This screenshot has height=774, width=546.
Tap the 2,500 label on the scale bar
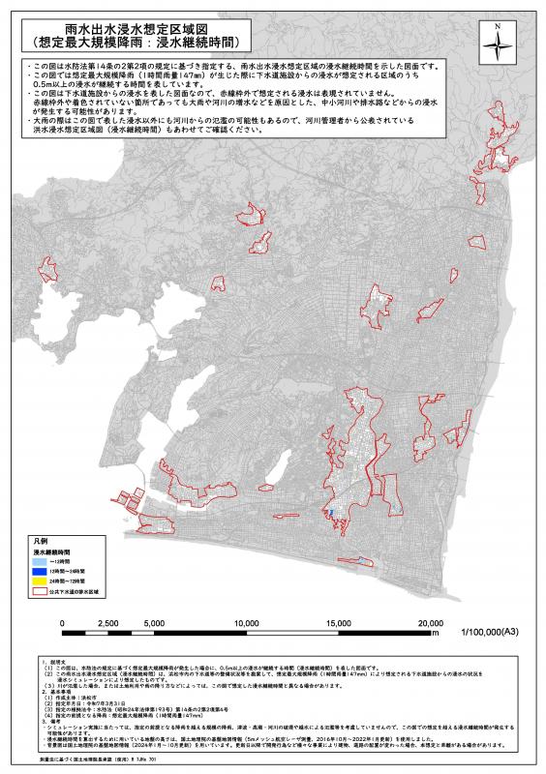tap(108, 623)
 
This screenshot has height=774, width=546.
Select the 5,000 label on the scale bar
tap(154, 623)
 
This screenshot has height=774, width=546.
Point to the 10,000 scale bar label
tap(246, 623)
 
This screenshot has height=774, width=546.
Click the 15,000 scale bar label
tap(339, 623)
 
